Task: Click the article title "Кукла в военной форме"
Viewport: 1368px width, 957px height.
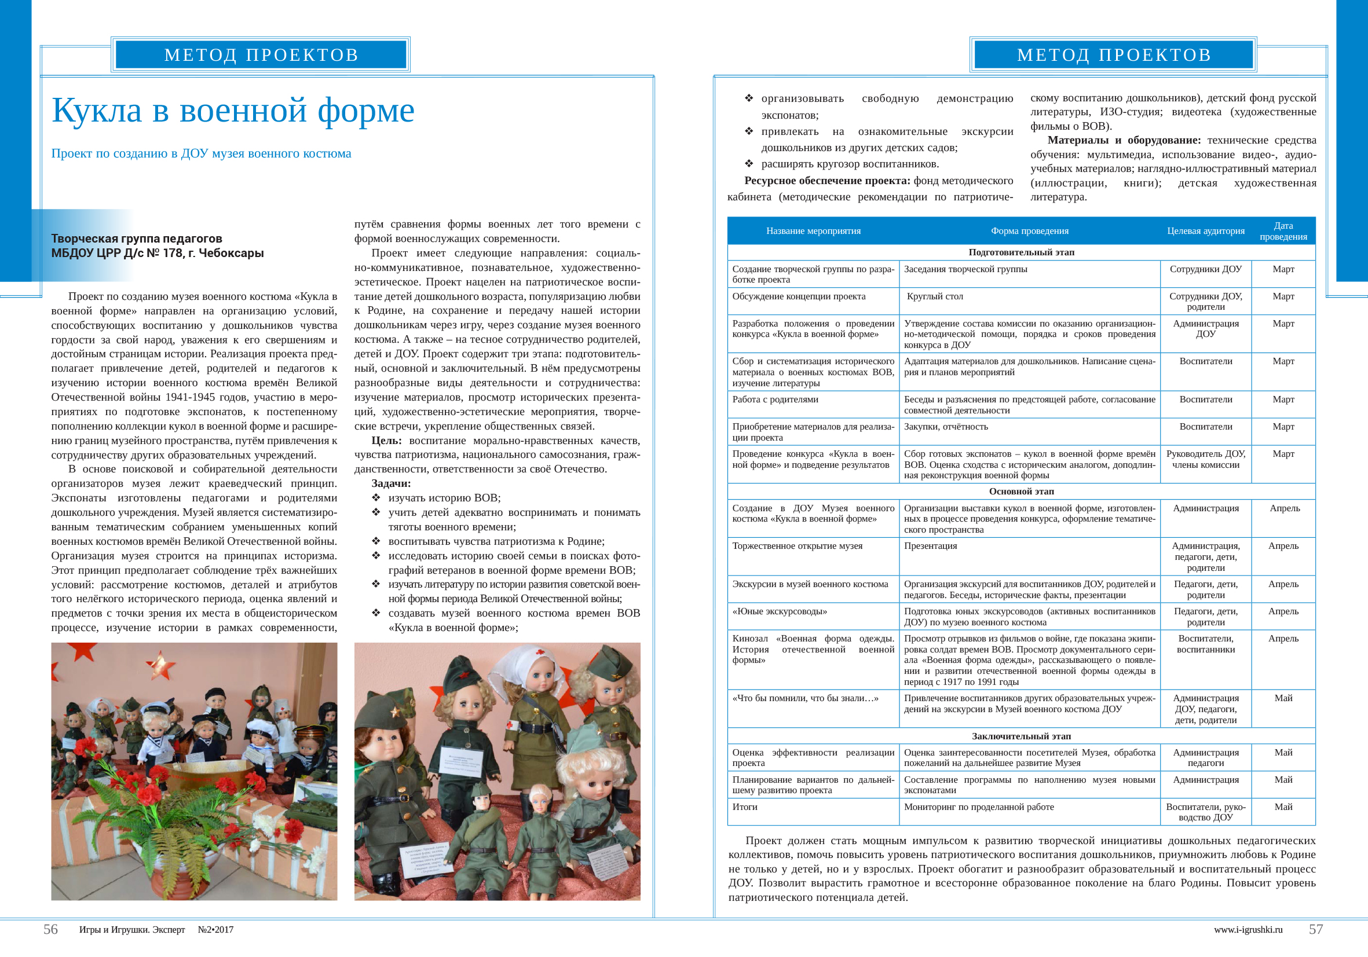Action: (x=233, y=111)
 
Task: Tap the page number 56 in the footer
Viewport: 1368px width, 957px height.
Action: (x=50, y=929)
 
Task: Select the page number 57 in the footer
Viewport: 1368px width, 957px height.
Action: (x=1315, y=929)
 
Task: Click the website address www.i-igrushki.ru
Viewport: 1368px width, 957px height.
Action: (x=1248, y=930)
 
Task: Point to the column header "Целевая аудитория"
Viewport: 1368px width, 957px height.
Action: (x=1205, y=231)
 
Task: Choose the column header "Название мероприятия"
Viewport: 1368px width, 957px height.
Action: (x=813, y=231)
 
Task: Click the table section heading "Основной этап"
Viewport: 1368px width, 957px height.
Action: (x=1021, y=492)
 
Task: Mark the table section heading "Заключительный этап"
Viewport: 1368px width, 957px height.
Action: (x=1021, y=736)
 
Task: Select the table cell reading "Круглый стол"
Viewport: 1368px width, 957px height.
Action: (x=934, y=296)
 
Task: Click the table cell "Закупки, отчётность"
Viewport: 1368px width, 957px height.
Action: (x=946, y=426)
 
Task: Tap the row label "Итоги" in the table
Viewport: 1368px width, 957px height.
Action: (x=745, y=807)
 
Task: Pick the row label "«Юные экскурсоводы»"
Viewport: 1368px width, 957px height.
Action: (x=780, y=611)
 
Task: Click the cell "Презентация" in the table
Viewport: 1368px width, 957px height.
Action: (x=930, y=546)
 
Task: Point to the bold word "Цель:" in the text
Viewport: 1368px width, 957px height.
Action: (x=386, y=441)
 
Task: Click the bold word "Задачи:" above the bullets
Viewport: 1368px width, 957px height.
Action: (x=391, y=483)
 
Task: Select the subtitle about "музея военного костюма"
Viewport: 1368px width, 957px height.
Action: (x=202, y=153)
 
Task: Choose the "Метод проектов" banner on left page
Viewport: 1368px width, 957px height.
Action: (x=261, y=55)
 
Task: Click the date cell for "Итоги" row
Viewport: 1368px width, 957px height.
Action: (x=1283, y=807)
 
